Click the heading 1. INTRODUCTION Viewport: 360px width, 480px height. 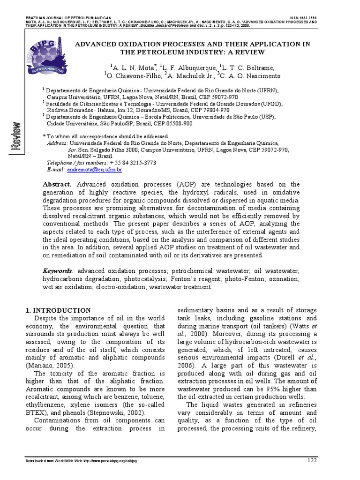[x=58, y=310]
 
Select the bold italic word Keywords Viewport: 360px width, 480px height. [x=58, y=271]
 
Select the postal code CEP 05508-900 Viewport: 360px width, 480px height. [x=168, y=123]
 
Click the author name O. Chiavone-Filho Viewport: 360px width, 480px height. [x=133, y=75]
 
